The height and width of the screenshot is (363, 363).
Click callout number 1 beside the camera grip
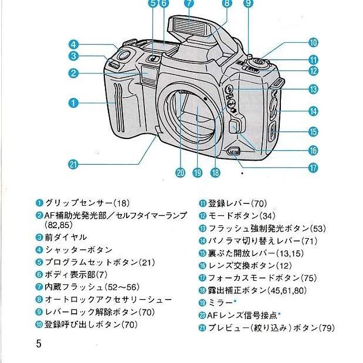pyautogui.click(x=73, y=103)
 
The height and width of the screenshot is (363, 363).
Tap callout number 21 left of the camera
pyautogui.click(x=73, y=165)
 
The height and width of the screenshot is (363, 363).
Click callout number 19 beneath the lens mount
pyautogui.click(x=199, y=172)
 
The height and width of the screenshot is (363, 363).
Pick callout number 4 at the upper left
pyautogui.click(x=73, y=44)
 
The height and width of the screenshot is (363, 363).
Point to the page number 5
pyautogui.click(x=39, y=343)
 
